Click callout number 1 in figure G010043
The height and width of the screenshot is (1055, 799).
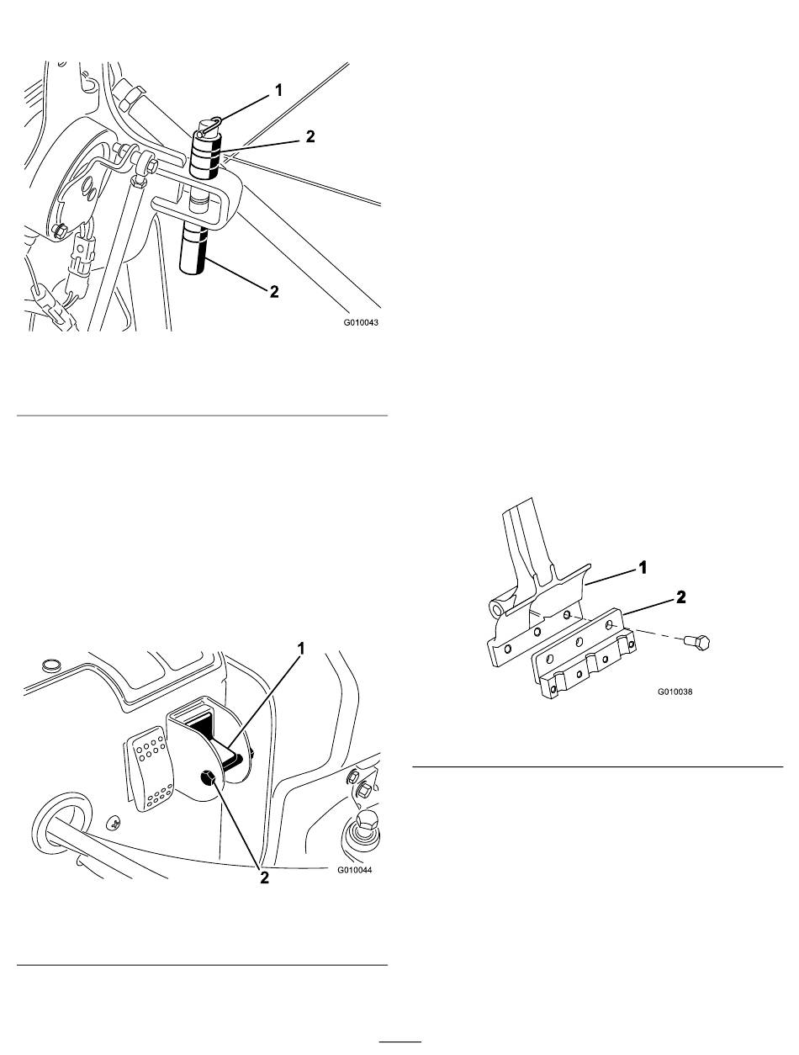278,90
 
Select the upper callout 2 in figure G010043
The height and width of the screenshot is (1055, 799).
310,136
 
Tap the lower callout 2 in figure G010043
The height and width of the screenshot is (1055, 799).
274,291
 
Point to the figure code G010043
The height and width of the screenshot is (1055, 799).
360,322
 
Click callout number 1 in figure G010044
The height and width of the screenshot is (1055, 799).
301,649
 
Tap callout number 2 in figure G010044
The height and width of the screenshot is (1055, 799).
264,878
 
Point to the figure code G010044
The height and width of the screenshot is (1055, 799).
355,870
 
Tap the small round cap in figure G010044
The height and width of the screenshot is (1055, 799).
49,665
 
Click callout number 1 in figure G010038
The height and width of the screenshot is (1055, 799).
643,568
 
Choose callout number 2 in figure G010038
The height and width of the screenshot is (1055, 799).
680,597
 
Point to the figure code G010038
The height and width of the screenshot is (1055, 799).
675,692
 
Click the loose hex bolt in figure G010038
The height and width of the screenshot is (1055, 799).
697,641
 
